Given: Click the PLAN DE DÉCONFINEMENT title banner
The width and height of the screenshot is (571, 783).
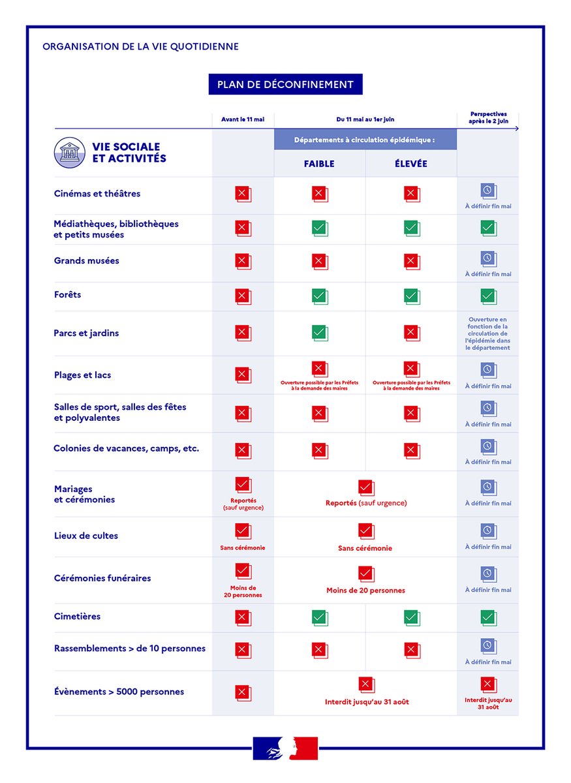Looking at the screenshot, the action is pos(285,84).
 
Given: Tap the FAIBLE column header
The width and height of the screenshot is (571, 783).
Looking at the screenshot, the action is pos(319,164).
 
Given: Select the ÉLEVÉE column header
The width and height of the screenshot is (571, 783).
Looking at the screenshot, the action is pos(411,164).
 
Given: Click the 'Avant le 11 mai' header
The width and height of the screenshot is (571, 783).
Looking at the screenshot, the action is pos(243,119).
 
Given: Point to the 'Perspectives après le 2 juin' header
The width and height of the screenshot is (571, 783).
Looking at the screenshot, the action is pos(488,117).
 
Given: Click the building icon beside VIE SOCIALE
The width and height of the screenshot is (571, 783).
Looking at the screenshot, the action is pos(70,153).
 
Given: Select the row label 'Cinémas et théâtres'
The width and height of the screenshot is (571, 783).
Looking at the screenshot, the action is pos(97,193).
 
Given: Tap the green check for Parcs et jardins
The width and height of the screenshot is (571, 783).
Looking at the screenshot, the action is pos(320,333).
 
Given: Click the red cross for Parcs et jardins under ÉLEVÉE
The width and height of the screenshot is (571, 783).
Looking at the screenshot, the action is pos(412,333).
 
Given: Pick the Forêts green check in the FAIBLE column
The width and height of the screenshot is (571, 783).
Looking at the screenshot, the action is pos(320,296).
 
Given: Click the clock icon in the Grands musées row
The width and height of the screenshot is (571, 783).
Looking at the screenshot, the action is pos(489,259).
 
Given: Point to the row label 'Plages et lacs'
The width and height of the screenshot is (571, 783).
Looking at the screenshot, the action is pos(82,375).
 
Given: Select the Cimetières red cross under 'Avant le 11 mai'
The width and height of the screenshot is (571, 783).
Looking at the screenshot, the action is pos(243,618).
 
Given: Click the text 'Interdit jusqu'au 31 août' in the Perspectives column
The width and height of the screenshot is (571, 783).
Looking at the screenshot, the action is pos(488,703).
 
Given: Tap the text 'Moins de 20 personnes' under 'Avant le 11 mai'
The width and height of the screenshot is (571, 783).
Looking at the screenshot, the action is pos(243,591).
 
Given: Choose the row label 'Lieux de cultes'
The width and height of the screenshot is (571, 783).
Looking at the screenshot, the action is pos(85,536).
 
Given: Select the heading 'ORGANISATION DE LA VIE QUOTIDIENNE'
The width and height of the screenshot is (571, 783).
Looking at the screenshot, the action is pos(140,46).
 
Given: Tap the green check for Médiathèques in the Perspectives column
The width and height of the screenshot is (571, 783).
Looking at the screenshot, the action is pos(489,228).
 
